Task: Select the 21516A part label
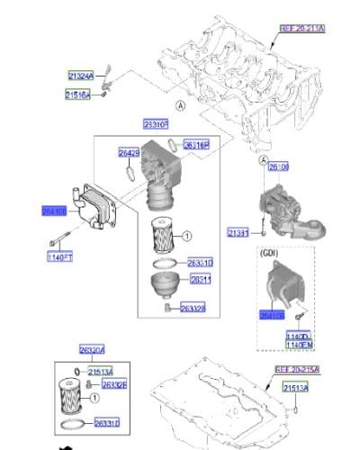click(77, 94)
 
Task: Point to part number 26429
click(130, 153)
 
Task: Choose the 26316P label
click(195, 144)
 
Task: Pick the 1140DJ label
click(299, 336)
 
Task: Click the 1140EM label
click(299, 345)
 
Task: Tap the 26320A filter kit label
click(92, 350)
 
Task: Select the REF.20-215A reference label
click(297, 370)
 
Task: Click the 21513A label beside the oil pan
click(295, 387)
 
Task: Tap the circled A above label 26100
click(264, 160)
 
